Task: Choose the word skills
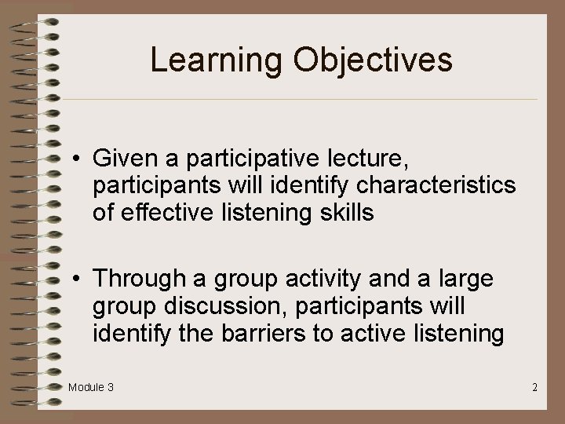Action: click(341, 213)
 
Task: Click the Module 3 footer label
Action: click(90, 387)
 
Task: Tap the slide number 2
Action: click(534, 387)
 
